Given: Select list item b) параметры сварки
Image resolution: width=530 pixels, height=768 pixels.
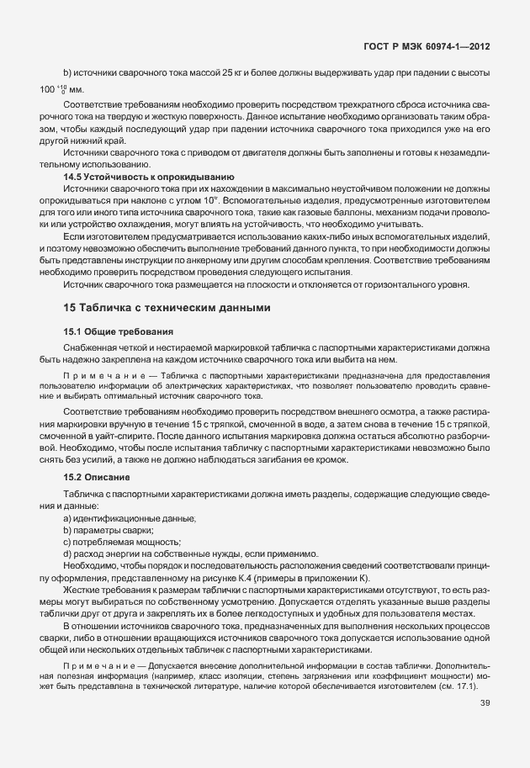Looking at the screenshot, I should pyautogui.click(x=109, y=531).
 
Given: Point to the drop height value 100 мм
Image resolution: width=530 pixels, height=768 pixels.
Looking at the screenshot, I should pyautogui.click(x=59, y=90).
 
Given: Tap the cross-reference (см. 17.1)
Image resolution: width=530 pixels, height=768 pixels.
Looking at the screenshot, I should pyautogui.click(x=459, y=687).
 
